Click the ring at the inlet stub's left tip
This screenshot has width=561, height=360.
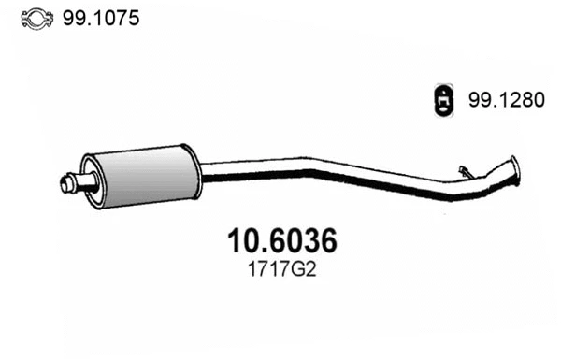pyautogui.click(x=66, y=184)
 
